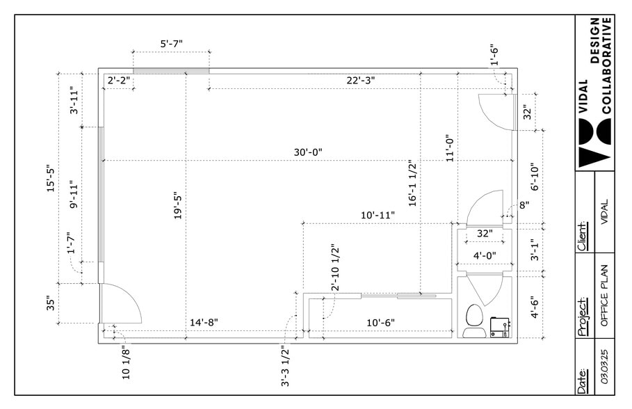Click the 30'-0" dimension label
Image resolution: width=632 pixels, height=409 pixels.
click(308, 152)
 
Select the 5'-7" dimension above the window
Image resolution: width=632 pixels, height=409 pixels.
click(171, 44)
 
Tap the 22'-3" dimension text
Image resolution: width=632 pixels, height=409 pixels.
click(361, 80)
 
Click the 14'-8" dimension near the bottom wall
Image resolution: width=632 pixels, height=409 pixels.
click(204, 322)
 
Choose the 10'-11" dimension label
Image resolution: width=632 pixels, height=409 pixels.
click(378, 215)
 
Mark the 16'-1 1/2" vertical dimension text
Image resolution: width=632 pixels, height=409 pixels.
click(412, 183)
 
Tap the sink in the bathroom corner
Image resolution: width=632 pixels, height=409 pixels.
click(499, 326)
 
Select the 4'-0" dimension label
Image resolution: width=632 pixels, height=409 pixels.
click(484, 255)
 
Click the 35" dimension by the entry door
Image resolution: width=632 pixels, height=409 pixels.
click(50, 304)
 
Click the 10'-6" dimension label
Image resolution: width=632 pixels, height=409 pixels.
click(380, 322)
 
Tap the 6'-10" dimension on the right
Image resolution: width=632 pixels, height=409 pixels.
click(535, 178)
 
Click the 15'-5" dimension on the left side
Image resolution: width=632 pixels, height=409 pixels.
click(50, 180)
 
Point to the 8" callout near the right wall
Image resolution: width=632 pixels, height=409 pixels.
click(524, 205)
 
